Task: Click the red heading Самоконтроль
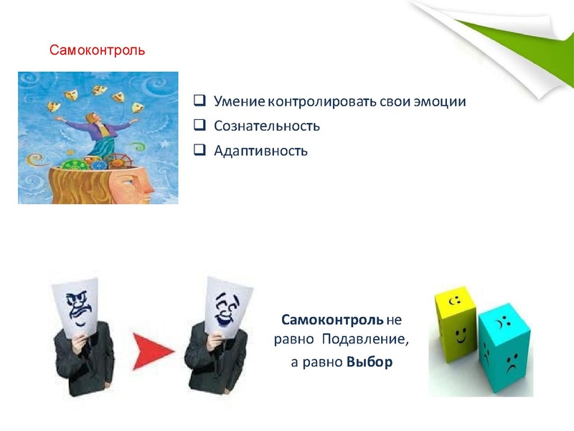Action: [97, 51]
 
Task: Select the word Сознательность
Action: [266, 126]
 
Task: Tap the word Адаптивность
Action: [260, 151]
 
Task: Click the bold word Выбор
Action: [370, 362]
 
